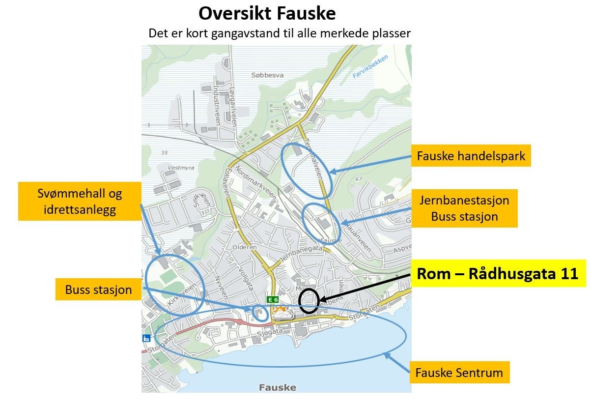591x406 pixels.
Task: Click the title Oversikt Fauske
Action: [267, 13]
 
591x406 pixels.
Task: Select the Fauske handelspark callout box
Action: [471, 156]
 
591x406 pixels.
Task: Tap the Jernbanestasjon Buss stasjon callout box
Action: [464, 208]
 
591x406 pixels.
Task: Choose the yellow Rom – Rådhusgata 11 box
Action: [498, 274]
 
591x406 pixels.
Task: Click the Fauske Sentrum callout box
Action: [459, 373]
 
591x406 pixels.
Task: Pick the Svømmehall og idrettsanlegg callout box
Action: [80, 202]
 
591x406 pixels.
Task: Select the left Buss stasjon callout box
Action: [98, 290]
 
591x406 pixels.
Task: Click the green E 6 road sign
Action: [273, 299]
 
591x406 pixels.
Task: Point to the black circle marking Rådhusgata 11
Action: [309, 301]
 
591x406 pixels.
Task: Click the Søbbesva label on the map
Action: [267, 75]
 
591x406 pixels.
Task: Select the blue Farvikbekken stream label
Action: [370, 67]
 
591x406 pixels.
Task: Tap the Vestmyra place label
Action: [181, 168]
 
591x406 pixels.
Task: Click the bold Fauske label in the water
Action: [278, 387]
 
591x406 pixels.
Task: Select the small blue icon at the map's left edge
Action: [146, 338]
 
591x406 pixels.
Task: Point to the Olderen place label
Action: [245, 247]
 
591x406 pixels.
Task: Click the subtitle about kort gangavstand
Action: [279, 33]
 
